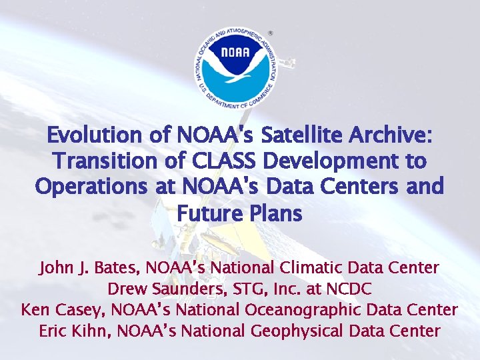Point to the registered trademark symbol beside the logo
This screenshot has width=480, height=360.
270,32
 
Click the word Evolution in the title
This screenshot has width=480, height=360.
94,135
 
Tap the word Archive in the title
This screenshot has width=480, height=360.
393,135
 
